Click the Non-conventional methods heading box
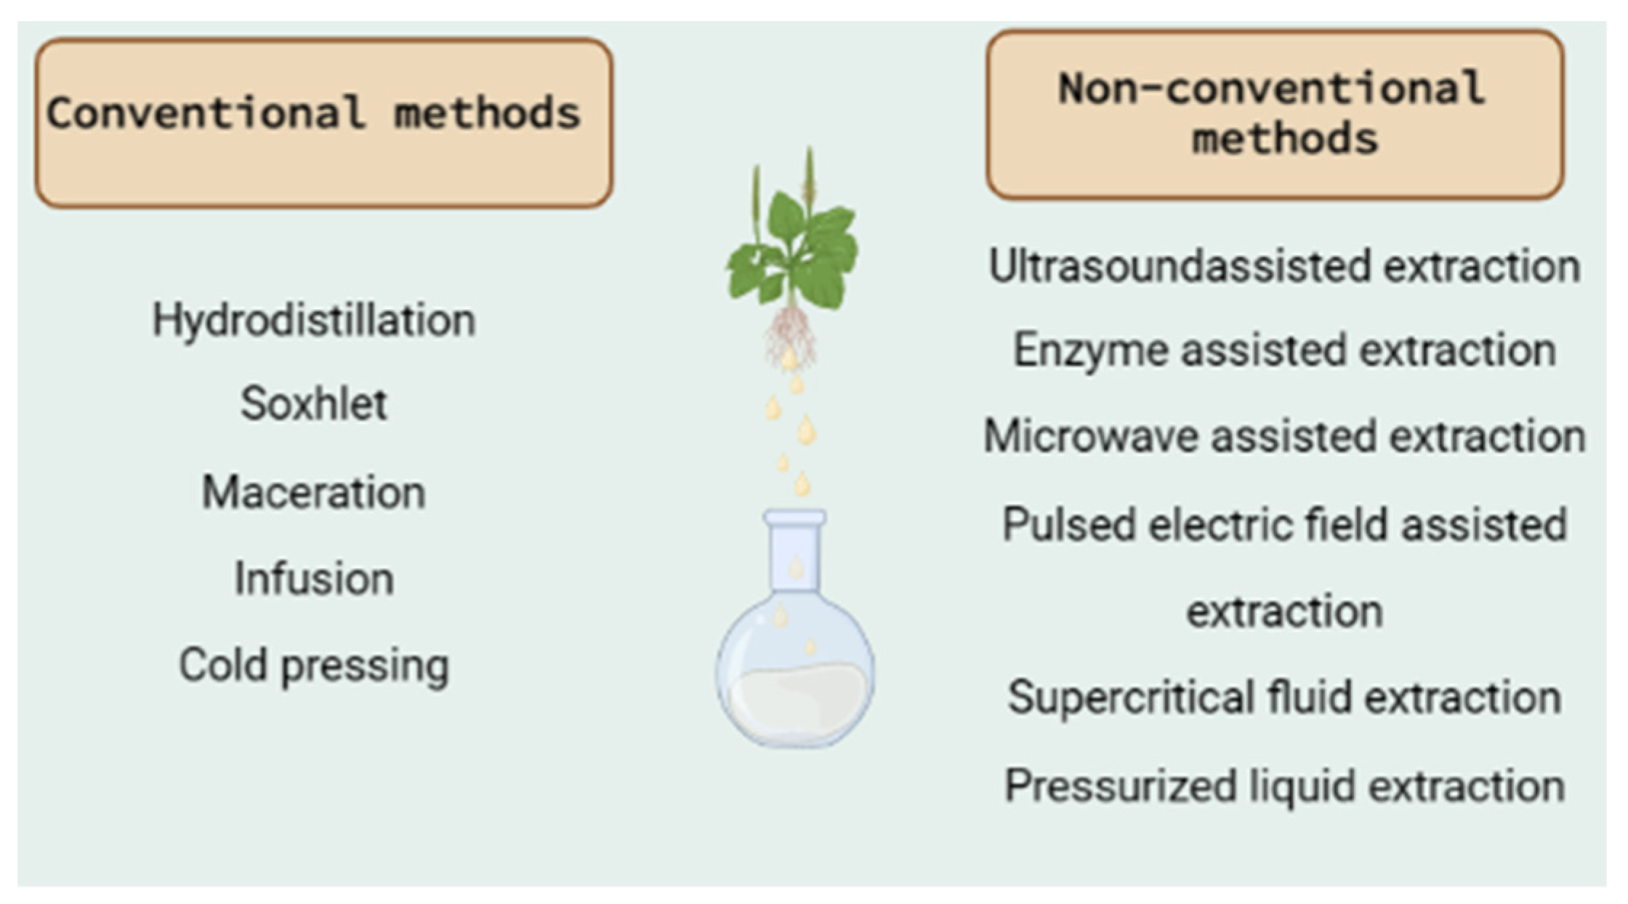click(x=1276, y=114)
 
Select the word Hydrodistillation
click(x=314, y=320)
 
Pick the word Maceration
click(x=314, y=492)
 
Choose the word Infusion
click(x=314, y=580)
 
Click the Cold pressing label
click(x=314, y=665)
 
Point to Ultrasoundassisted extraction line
click(x=1284, y=266)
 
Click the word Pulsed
click(x=1068, y=524)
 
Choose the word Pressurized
click(x=1120, y=786)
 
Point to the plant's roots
click(x=790, y=335)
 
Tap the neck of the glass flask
click(x=795, y=553)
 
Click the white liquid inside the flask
click(x=796, y=702)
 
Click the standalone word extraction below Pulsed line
click(x=1284, y=612)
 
